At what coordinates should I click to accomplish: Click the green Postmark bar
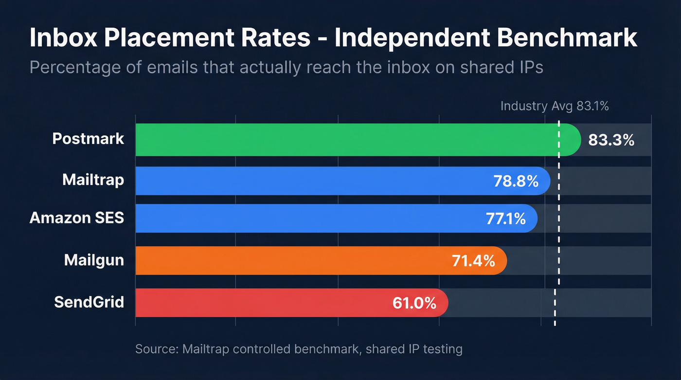(x=340, y=140)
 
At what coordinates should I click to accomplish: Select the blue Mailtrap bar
(x=311, y=181)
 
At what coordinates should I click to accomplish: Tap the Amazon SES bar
(x=306, y=218)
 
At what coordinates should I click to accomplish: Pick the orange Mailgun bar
(x=292, y=260)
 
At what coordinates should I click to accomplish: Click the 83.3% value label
(x=611, y=140)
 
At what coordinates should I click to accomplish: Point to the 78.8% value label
(x=516, y=181)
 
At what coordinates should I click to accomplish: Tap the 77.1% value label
(x=506, y=219)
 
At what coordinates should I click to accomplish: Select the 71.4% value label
(x=474, y=261)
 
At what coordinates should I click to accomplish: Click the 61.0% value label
(x=414, y=303)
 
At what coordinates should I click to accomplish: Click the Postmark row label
(x=88, y=139)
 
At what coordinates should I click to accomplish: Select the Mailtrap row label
(x=93, y=181)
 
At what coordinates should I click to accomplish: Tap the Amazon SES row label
(x=77, y=218)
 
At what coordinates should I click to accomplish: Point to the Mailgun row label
(x=94, y=260)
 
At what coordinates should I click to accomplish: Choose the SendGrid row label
(x=89, y=302)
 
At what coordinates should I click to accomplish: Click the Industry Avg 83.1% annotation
(x=555, y=106)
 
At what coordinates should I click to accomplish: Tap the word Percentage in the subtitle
(x=72, y=67)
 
